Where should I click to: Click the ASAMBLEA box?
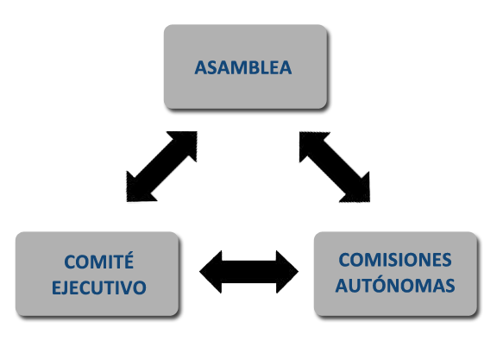click(245, 66)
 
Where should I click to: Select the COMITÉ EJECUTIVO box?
click(97, 274)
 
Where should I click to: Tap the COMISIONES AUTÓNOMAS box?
click(395, 274)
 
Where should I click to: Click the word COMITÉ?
click(99, 261)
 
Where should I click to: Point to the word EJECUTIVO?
click(99, 287)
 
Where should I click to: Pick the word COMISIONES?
click(395, 260)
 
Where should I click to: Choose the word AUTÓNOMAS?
click(395, 285)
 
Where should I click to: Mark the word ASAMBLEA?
click(243, 67)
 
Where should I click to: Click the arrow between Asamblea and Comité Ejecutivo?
click(162, 167)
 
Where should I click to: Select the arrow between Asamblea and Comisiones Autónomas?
click(335, 167)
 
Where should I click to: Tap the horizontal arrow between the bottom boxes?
click(249, 272)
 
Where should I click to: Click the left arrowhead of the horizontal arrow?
click(211, 272)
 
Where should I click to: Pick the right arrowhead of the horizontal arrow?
click(287, 272)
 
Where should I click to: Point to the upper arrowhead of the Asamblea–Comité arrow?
click(186, 142)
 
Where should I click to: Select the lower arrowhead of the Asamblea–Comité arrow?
click(138, 191)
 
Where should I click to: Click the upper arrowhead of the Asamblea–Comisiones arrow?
click(311, 142)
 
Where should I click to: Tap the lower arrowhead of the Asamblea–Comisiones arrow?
click(359, 192)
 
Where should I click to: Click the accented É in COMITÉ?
click(129, 261)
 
